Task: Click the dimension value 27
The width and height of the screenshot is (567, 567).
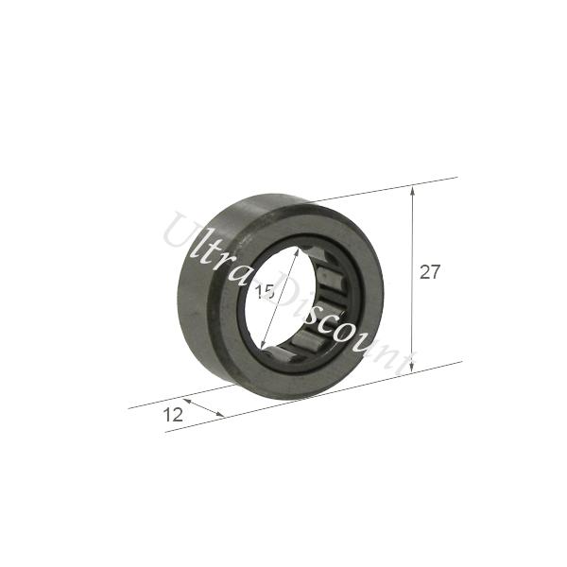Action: (x=430, y=272)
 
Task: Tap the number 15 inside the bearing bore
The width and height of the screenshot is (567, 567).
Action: (x=265, y=293)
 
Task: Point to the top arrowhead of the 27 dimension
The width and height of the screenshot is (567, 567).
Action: (x=414, y=189)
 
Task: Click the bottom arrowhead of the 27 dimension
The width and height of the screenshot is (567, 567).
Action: (x=414, y=369)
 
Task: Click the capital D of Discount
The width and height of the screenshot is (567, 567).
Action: (x=294, y=289)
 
